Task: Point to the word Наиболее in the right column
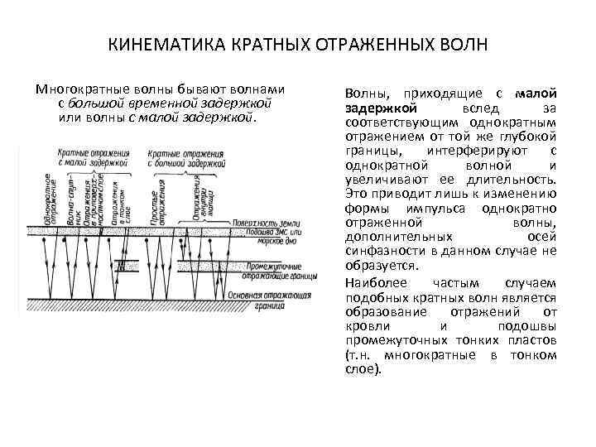click(370, 283)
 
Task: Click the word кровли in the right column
click(364, 325)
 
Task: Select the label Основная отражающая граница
click(271, 299)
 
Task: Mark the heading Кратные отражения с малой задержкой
click(92, 158)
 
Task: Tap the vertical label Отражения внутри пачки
click(203, 202)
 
